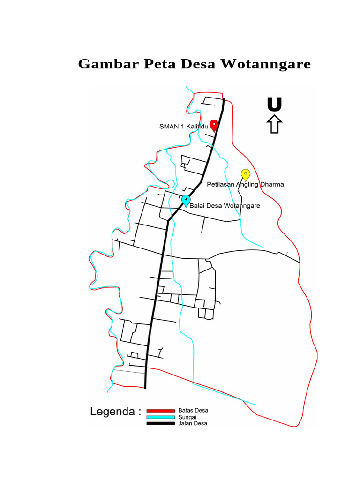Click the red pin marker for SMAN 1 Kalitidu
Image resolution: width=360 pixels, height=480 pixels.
point(214,125)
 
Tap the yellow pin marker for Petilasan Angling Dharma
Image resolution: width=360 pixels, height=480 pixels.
point(245,174)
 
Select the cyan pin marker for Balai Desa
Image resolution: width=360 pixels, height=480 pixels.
point(187,201)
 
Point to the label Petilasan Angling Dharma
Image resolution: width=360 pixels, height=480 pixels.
point(245,184)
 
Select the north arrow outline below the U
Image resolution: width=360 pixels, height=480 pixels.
point(274,125)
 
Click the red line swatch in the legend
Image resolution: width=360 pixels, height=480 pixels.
point(161,411)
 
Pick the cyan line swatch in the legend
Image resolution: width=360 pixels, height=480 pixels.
point(161,417)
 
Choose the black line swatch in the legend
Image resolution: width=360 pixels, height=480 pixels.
point(161,423)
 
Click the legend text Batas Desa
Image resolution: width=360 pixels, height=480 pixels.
point(193,410)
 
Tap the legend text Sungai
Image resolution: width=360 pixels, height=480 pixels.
point(187,417)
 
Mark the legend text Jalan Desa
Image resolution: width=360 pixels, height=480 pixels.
point(193,423)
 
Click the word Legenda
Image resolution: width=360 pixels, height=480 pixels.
point(113,412)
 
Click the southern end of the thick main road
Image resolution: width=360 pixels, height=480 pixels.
point(145,387)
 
